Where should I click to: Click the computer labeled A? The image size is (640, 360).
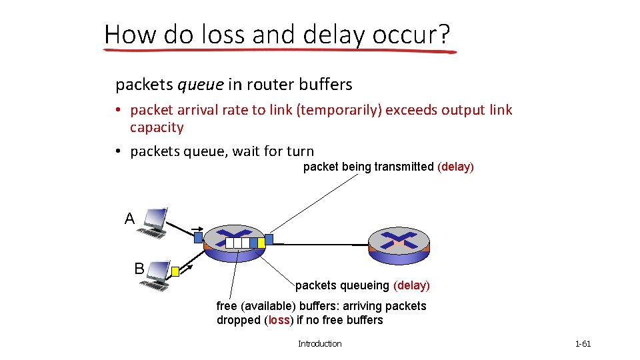(x=153, y=223)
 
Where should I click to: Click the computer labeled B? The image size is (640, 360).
(x=156, y=274)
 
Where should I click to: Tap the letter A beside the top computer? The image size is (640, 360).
(x=129, y=218)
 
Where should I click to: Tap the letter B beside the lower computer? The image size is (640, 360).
(x=139, y=269)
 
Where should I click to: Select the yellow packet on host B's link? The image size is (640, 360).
(x=175, y=271)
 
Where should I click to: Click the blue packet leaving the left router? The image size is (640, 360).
(x=269, y=239)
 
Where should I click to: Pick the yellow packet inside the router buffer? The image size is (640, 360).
(x=261, y=243)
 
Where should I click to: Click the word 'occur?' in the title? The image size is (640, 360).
(x=412, y=34)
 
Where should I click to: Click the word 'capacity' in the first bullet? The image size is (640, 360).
(x=157, y=127)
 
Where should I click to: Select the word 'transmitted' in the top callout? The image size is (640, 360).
(x=404, y=167)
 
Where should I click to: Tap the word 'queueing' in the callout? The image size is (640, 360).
(x=365, y=285)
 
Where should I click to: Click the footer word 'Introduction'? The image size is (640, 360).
(x=319, y=344)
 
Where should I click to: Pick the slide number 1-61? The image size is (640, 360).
(x=583, y=344)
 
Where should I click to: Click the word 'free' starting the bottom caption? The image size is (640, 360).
(x=227, y=306)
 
